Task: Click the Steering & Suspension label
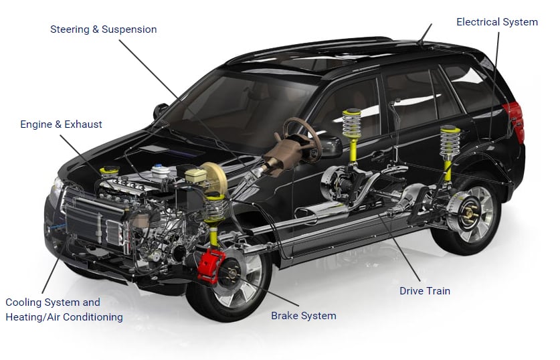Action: click(103, 29)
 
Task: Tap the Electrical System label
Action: click(496, 22)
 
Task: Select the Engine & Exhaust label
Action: click(61, 124)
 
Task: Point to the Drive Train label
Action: click(424, 291)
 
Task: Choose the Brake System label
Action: click(303, 316)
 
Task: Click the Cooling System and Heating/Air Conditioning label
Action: click(64, 310)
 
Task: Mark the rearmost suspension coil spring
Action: click(450, 143)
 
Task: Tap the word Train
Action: click(438, 291)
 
